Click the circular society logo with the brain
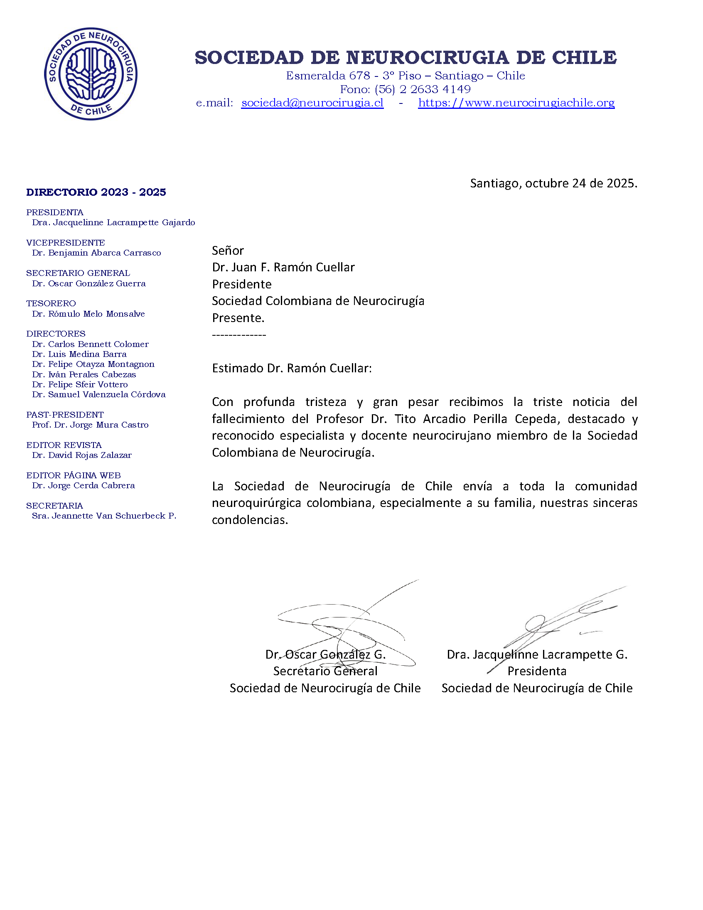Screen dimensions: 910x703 point(91,74)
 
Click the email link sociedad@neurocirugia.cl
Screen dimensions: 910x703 point(312,103)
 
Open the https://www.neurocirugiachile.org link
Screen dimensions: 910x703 point(516,103)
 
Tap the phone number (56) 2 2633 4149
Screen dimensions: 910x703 point(422,89)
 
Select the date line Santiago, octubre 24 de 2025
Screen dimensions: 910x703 point(553,183)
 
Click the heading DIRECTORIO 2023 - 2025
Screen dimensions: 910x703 point(96,192)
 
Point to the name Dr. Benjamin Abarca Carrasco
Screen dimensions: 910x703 point(96,253)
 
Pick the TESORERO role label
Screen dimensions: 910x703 point(51,303)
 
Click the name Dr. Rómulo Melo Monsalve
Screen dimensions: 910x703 point(88,314)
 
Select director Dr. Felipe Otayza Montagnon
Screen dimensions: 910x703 point(93,364)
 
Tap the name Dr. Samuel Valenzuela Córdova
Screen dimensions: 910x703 point(99,394)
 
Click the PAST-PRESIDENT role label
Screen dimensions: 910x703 point(64,415)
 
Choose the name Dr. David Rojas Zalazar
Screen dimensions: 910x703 point(82,455)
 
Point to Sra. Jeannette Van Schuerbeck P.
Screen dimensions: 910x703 point(104,516)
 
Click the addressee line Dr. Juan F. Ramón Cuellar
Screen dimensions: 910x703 point(283,267)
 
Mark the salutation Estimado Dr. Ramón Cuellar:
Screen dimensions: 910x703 point(292,368)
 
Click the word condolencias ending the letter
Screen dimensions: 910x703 point(249,520)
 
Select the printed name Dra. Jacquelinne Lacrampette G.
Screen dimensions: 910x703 point(537,654)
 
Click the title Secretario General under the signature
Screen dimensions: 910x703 point(325,671)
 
